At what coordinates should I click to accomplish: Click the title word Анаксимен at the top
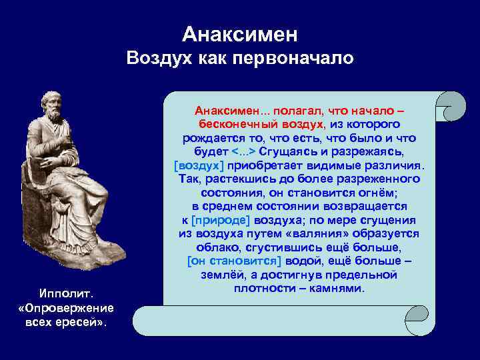tap(239, 34)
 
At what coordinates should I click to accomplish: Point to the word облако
tap(206, 247)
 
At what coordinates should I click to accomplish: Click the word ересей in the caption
tap(87, 322)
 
